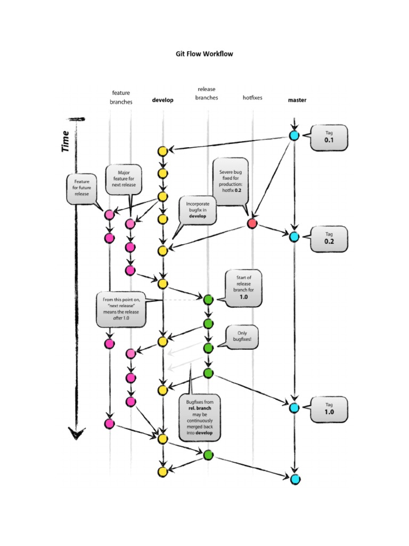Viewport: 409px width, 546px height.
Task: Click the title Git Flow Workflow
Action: (204, 54)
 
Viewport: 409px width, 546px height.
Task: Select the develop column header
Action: (162, 100)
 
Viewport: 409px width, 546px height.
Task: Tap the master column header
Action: (297, 100)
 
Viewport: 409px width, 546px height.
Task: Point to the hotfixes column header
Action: (252, 98)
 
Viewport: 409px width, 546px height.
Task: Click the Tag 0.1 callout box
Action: (329, 138)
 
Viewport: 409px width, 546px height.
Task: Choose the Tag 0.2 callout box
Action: (329, 238)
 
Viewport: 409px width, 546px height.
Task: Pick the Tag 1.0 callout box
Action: (329, 408)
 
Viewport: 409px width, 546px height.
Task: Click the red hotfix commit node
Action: (252, 223)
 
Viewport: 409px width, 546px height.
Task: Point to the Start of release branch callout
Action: (243, 288)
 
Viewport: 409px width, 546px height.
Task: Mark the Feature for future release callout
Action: (81, 188)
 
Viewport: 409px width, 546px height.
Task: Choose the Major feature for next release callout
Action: (124, 180)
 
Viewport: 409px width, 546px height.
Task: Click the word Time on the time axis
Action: (66, 141)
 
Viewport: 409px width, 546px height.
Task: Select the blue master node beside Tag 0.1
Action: (293, 135)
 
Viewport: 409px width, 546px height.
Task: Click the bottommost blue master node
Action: (294, 478)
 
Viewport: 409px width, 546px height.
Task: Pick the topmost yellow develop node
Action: (163, 151)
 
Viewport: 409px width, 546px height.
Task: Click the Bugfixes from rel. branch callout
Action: (200, 417)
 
